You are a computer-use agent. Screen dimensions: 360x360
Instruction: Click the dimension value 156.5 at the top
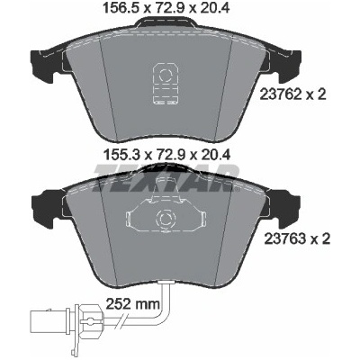[121, 8]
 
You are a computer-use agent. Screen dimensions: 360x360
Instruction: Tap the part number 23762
[279, 95]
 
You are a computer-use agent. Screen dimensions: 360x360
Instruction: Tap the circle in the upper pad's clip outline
[165, 75]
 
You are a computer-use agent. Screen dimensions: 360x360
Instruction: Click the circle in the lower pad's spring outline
[165, 219]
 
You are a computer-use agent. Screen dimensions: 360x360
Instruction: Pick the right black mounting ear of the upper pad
[289, 67]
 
